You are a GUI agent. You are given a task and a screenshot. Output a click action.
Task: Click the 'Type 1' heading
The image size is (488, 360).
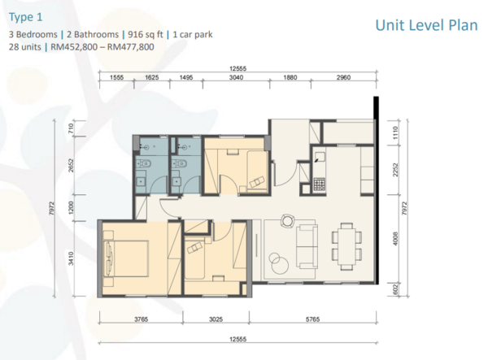[x=25, y=17]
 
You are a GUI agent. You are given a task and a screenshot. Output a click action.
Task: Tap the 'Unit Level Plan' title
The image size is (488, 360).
[x=426, y=25]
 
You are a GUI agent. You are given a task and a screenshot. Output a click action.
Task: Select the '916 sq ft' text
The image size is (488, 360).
[x=146, y=34]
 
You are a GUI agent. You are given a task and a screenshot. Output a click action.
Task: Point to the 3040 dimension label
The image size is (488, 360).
[x=236, y=77]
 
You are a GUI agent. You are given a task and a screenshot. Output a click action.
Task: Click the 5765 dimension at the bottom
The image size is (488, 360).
[x=312, y=319]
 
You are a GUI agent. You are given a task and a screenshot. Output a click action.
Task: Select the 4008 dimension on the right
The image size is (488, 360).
[x=395, y=238]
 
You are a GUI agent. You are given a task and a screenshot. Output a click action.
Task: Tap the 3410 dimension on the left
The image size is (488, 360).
[x=71, y=258]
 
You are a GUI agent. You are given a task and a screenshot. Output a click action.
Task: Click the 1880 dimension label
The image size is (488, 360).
[x=290, y=77]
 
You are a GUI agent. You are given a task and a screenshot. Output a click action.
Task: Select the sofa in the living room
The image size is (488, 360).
[x=307, y=246]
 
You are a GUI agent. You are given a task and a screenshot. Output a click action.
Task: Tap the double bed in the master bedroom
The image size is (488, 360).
[x=126, y=258]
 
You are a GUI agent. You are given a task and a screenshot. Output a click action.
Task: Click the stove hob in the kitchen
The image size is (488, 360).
[x=320, y=184]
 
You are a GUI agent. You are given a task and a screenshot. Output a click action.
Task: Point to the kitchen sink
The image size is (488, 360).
[x=320, y=157]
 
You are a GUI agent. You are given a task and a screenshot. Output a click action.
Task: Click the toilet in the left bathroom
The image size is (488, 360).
[x=144, y=163]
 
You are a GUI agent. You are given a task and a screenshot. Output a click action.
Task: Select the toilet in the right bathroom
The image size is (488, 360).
[x=180, y=163]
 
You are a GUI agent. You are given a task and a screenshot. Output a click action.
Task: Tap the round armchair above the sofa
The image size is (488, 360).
[x=287, y=221]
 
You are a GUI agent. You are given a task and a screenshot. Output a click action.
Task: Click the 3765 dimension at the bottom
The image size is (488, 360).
[x=141, y=319]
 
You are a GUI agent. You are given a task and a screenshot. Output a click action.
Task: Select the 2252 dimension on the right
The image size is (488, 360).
[x=395, y=170]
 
